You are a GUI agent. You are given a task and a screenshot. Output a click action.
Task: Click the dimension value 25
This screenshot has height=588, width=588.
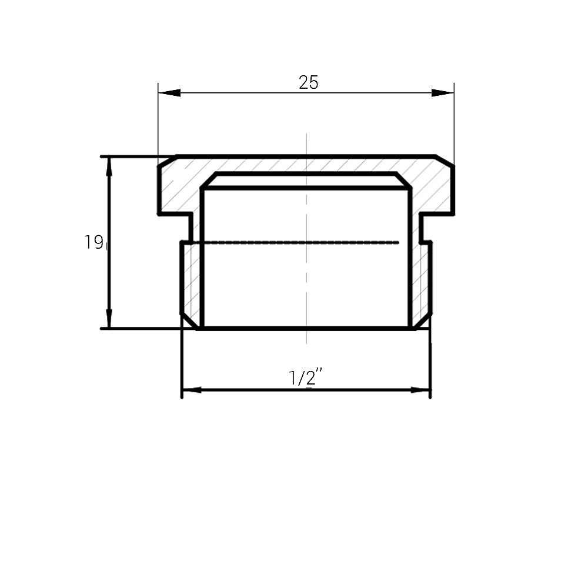click(x=308, y=83)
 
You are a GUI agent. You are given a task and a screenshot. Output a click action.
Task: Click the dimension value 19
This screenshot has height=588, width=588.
click(x=93, y=242)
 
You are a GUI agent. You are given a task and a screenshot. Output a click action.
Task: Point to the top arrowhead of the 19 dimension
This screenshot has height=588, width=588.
click(x=109, y=166)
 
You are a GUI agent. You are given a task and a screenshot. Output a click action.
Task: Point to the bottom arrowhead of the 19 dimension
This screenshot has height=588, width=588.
click(x=109, y=319)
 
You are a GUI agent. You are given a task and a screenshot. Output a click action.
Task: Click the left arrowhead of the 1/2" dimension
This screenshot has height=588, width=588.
click(x=192, y=390)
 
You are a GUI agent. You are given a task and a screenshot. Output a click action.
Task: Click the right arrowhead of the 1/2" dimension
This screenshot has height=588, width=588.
click(x=420, y=390)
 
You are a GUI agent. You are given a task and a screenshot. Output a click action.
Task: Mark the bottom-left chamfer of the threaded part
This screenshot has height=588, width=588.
click(x=189, y=321)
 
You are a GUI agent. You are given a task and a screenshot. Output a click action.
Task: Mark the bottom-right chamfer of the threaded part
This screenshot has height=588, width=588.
click(x=423, y=321)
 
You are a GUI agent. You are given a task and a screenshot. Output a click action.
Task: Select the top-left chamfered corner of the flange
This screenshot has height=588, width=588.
click(x=167, y=161)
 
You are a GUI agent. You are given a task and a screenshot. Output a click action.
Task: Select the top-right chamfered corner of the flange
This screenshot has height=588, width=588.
click(x=445, y=161)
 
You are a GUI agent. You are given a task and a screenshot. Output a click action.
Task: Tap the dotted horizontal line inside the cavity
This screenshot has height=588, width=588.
click(x=294, y=242)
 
